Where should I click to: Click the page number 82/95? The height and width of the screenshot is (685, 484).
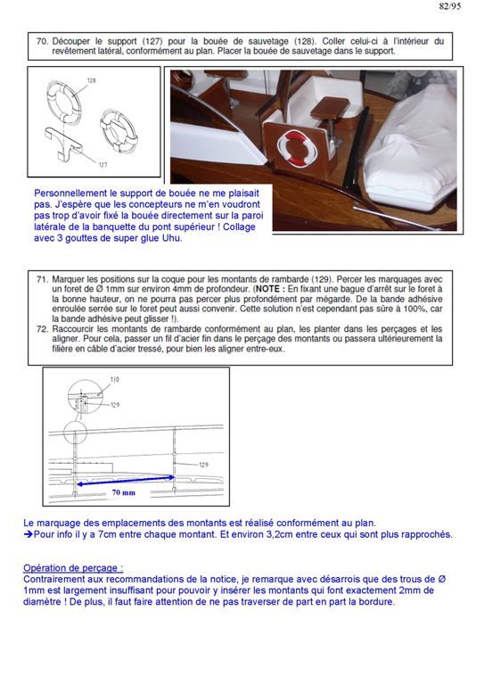coord(450,6)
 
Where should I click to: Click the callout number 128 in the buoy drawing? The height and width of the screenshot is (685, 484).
coord(91,80)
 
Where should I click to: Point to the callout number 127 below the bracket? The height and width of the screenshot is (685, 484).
coord(103,165)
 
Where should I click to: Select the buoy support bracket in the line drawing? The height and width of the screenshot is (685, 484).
coord(63,141)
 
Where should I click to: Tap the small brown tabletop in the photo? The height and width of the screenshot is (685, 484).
coord(330,108)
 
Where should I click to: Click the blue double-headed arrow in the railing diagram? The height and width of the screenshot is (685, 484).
coord(126,481)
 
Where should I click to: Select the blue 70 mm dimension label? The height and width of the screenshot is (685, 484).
coord(124,492)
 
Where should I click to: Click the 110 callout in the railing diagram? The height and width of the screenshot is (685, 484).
coord(114,380)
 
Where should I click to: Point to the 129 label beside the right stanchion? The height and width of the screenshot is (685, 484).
coord(203,465)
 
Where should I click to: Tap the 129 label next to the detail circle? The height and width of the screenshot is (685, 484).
coord(115,405)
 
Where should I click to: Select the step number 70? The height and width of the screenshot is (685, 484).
coord(42,41)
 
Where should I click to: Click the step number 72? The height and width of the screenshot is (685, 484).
coord(42,329)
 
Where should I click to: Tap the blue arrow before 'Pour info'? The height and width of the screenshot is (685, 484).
coord(29,534)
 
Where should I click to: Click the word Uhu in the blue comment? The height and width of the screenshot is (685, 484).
coord(172,238)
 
